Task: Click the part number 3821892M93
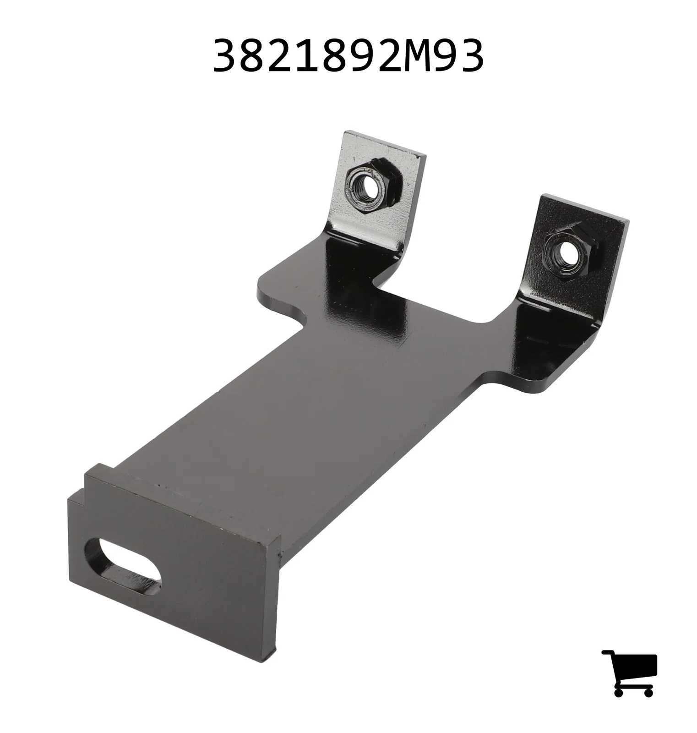coord(348,55)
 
